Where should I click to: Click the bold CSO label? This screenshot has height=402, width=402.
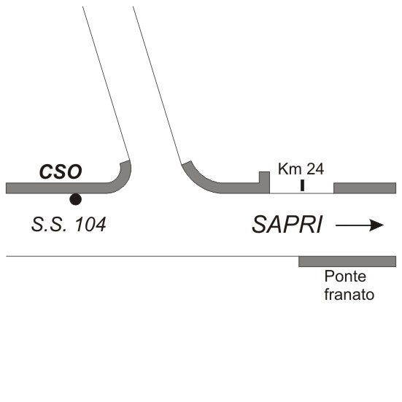tap(61, 171)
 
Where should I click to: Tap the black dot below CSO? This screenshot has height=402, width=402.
tap(76, 199)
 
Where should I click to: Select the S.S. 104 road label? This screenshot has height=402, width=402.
tap(69, 225)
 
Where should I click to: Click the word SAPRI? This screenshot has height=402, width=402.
tap(287, 225)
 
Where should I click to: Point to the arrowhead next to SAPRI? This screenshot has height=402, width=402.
tap(376, 225)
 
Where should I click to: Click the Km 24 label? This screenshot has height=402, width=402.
tap(301, 169)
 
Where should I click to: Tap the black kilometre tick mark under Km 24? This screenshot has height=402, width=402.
tap(302, 185)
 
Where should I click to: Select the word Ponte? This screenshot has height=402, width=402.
tap(345, 277)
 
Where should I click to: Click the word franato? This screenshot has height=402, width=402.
tap(349, 295)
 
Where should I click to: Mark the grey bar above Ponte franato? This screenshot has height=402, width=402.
tap(347, 261)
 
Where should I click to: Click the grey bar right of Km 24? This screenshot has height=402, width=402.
tap(365, 188)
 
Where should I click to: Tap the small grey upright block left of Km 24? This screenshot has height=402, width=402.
tap(264, 177)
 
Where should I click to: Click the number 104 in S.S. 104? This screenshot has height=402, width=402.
tap(90, 225)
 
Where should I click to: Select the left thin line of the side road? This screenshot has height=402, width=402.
tap(106, 83)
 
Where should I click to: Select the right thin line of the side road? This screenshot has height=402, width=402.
tap(157, 85)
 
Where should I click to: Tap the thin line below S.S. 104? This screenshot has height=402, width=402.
tap(152, 256)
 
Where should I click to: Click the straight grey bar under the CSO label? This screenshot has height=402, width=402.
tap(56, 188)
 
